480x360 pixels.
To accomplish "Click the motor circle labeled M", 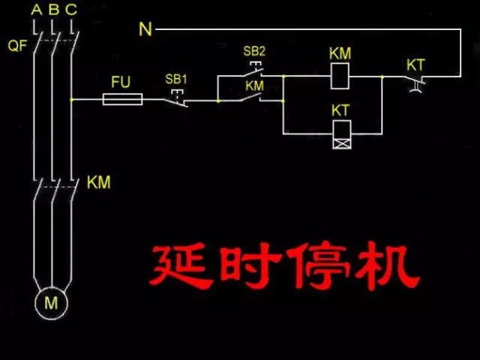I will coord(52,303).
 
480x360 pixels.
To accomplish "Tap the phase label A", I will coord(36,10).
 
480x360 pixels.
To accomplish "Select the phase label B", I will coord(53,10).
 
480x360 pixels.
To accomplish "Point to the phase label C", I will coord(70,10).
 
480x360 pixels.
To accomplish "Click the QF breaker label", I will coord(17,46).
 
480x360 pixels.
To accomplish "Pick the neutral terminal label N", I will coord(145,29).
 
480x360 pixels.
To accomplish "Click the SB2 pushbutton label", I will coord(253,52).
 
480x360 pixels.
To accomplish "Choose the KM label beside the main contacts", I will coord(98,182).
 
